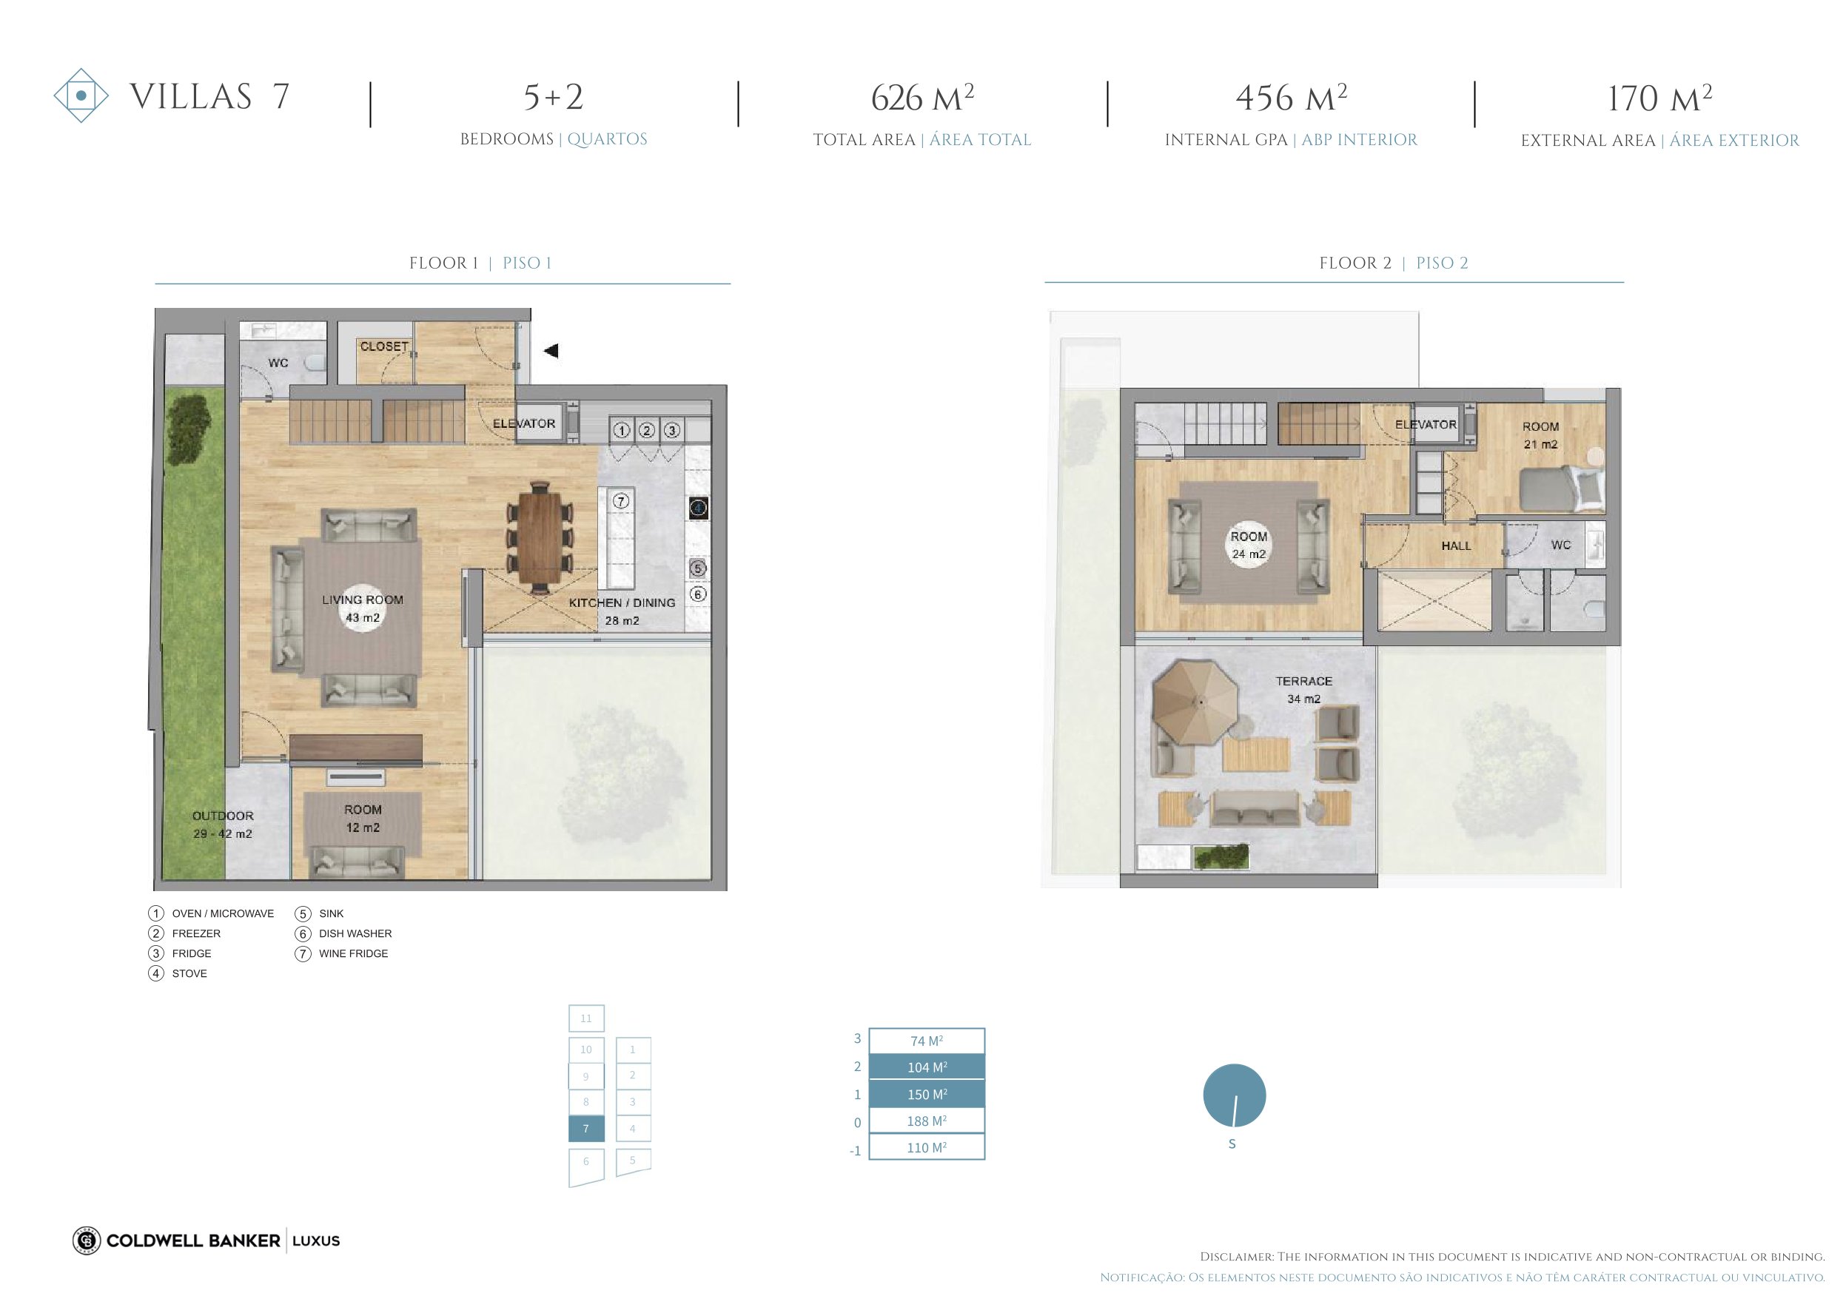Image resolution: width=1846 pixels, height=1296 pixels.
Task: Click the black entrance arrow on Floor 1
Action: coord(551,351)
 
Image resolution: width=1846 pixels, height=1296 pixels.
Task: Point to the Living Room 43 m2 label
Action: coord(363,608)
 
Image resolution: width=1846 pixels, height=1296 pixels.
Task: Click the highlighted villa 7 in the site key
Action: coord(586,1129)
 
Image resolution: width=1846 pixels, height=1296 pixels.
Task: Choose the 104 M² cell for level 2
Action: coord(927,1067)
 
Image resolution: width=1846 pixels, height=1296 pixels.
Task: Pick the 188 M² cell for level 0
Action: coord(927,1121)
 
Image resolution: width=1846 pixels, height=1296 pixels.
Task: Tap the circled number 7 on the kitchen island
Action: coord(621,501)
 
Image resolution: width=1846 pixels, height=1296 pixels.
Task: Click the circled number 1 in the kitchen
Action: coord(621,430)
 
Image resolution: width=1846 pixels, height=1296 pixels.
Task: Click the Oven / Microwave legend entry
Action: coord(212,913)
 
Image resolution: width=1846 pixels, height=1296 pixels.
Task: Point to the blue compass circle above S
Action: coord(1234,1095)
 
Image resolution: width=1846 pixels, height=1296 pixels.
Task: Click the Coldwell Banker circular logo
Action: coord(87,1240)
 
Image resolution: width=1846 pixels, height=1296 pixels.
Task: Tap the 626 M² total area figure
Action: coord(922,98)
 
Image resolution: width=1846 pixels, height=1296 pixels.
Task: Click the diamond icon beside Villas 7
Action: coord(81,95)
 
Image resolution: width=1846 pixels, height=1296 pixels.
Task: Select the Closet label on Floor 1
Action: coord(384,346)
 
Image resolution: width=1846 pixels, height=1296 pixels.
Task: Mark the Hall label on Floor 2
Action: coord(1456,546)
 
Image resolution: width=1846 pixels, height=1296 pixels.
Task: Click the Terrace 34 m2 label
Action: coord(1304,690)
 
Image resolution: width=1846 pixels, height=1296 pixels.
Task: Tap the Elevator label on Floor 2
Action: coord(1426,425)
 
